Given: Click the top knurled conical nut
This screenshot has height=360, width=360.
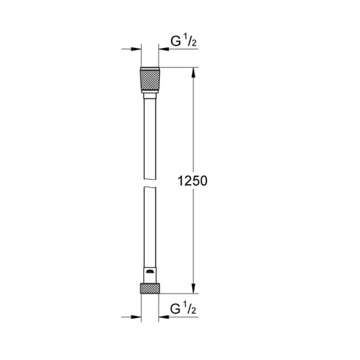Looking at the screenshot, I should (x=150, y=80).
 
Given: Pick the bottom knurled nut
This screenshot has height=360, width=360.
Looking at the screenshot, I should (x=150, y=288).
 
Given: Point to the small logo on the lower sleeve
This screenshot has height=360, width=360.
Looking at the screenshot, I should (x=150, y=272).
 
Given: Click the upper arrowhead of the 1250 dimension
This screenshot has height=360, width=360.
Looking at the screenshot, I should (x=194, y=72).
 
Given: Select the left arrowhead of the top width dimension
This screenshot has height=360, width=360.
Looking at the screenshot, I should (x=137, y=49).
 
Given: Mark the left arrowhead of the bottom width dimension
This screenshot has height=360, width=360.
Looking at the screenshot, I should (x=137, y=317).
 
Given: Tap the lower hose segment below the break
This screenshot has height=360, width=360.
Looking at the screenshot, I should (x=150, y=225).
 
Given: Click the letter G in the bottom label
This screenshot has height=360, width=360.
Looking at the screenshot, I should (x=175, y=310).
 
